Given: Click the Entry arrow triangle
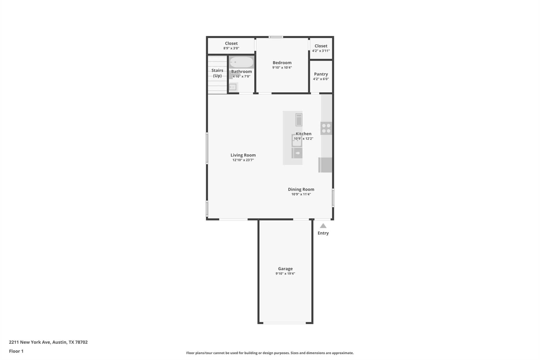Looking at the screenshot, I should (x=323, y=226).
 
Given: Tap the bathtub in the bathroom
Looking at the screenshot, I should (x=241, y=63).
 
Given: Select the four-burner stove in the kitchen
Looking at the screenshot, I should (x=326, y=128).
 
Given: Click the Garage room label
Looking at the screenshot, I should (x=285, y=269).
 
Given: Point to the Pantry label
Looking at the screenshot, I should (x=321, y=74).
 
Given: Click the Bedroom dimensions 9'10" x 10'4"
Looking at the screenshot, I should (x=282, y=68).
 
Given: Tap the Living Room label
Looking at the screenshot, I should (x=243, y=155).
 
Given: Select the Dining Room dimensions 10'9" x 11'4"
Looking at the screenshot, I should (x=301, y=194).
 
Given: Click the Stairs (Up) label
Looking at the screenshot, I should (x=217, y=73).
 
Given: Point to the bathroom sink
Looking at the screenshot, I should (x=233, y=87).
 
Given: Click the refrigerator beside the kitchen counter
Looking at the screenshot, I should (x=325, y=165).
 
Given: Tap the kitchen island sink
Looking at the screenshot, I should (x=297, y=141).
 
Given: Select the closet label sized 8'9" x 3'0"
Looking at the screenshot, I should (x=231, y=44).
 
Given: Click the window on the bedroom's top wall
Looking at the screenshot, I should (x=276, y=37).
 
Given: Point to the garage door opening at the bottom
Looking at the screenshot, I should (x=285, y=323).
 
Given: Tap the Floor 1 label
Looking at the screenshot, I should (x=16, y=351).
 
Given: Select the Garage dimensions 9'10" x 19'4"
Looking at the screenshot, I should (x=285, y=274).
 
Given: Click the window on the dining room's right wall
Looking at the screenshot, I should (x=333, y=198).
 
